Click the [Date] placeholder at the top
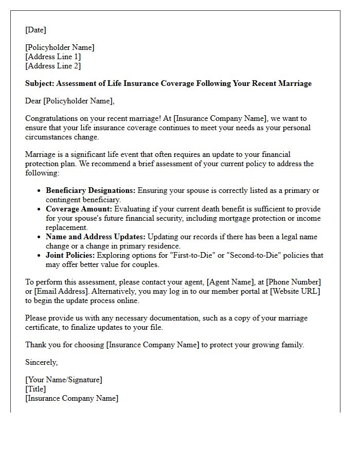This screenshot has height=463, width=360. pyautogui.click(x=35, y=30)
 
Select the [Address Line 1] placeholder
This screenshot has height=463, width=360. pyautogui.click(x=53, y=57)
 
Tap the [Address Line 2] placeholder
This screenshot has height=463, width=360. pyautogui.click(x=53, y=66)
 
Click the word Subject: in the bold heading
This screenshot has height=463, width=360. pyautogui.click(x=40, y=83)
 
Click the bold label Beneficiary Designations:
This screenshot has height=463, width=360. pyautogui.click(x=91, y=190)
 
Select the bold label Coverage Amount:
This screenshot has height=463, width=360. pyautogui.click(x=79, y=209)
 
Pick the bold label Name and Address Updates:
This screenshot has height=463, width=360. pyautogui.click(x=96, y=237)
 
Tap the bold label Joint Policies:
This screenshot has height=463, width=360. pyautogui.click(x=70, y=255)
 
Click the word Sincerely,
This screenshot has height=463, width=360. pyautogui.click(x=42, y=362)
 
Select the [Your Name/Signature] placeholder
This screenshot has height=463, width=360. pyautogui.click(x=64, y=380)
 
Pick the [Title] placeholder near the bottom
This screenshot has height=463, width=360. pyautogui.click(x=35, y=389)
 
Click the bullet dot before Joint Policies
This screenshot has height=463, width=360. pyautogui.click(x=40, y=255)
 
